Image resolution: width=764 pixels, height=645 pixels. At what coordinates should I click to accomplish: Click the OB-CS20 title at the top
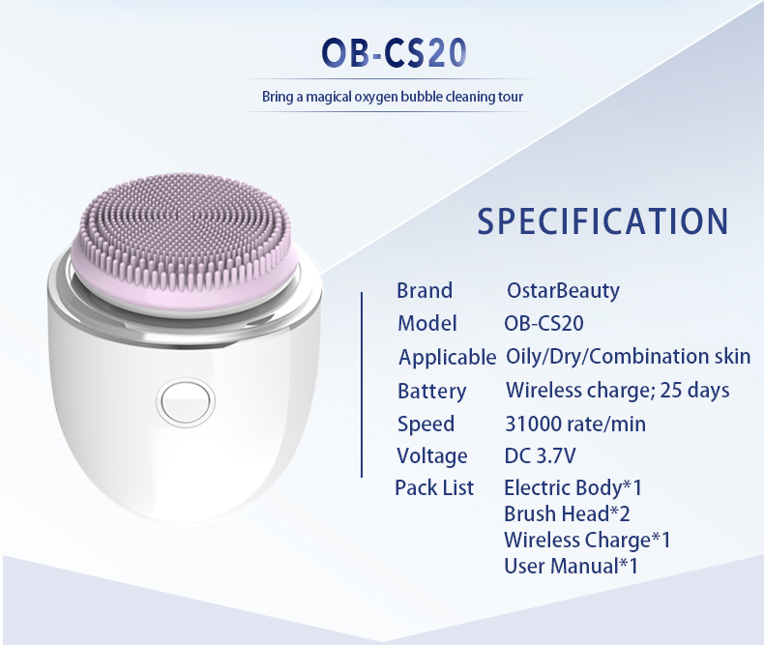coord(398,53)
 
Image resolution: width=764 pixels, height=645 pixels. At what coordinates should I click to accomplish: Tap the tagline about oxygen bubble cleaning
coord(392,97)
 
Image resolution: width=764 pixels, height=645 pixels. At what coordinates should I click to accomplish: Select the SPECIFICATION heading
coord(602,220)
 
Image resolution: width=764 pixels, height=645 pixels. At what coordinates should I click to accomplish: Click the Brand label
coord(425,290)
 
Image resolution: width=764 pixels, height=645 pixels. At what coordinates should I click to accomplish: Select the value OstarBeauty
coord(563,290)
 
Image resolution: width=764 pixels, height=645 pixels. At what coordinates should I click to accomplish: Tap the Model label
coord(427,323)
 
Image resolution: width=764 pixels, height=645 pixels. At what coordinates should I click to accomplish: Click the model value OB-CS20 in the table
coord(544,323)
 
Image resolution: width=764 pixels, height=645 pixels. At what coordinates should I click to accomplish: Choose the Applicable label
coord(447,357)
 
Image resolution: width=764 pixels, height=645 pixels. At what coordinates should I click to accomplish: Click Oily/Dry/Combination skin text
coord(628,356)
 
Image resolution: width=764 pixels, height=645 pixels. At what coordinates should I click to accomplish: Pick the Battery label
coord(431,391)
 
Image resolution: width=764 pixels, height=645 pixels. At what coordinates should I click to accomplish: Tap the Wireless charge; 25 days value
coord(617,390)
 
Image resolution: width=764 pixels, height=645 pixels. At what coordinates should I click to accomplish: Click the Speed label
coord(426,424)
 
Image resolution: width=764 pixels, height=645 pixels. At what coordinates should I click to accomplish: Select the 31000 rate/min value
coord(575,424)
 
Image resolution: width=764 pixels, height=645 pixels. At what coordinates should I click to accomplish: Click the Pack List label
coord(434,487)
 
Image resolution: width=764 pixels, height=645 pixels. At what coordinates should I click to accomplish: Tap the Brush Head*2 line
coord(567,513)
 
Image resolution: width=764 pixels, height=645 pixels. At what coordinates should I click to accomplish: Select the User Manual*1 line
coord(571,566)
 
